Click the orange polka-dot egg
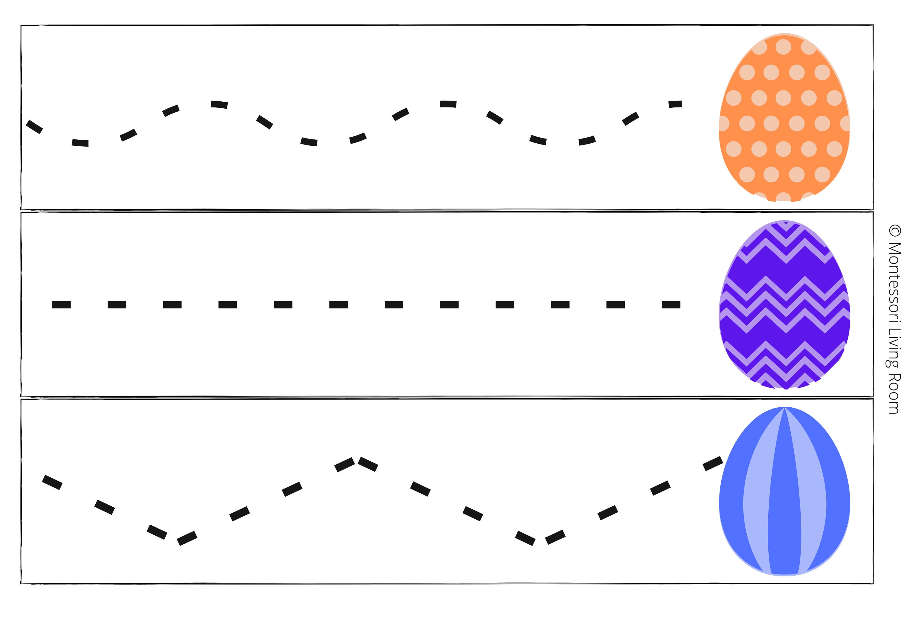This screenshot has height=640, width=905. click(784, 117)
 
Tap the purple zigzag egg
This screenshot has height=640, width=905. click(784, 304)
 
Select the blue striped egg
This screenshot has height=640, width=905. click(784, 491)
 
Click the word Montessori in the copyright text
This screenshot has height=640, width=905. click(895, 285)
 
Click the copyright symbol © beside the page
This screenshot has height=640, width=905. click(895, 231)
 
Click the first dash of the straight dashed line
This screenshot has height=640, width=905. click(62, 304)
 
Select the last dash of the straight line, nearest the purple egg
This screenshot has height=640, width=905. click(671, 304)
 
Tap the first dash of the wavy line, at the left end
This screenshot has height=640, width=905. click(34, 126)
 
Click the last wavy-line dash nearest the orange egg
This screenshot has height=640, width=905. click(675, 104)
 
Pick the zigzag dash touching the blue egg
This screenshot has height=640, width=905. click(713, 464)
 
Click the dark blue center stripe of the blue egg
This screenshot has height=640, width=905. click(784, 513)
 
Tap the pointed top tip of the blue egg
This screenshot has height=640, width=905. click(784, 407)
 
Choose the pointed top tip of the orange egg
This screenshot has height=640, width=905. click(784, 33)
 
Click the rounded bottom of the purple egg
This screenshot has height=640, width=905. click(784, 388)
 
